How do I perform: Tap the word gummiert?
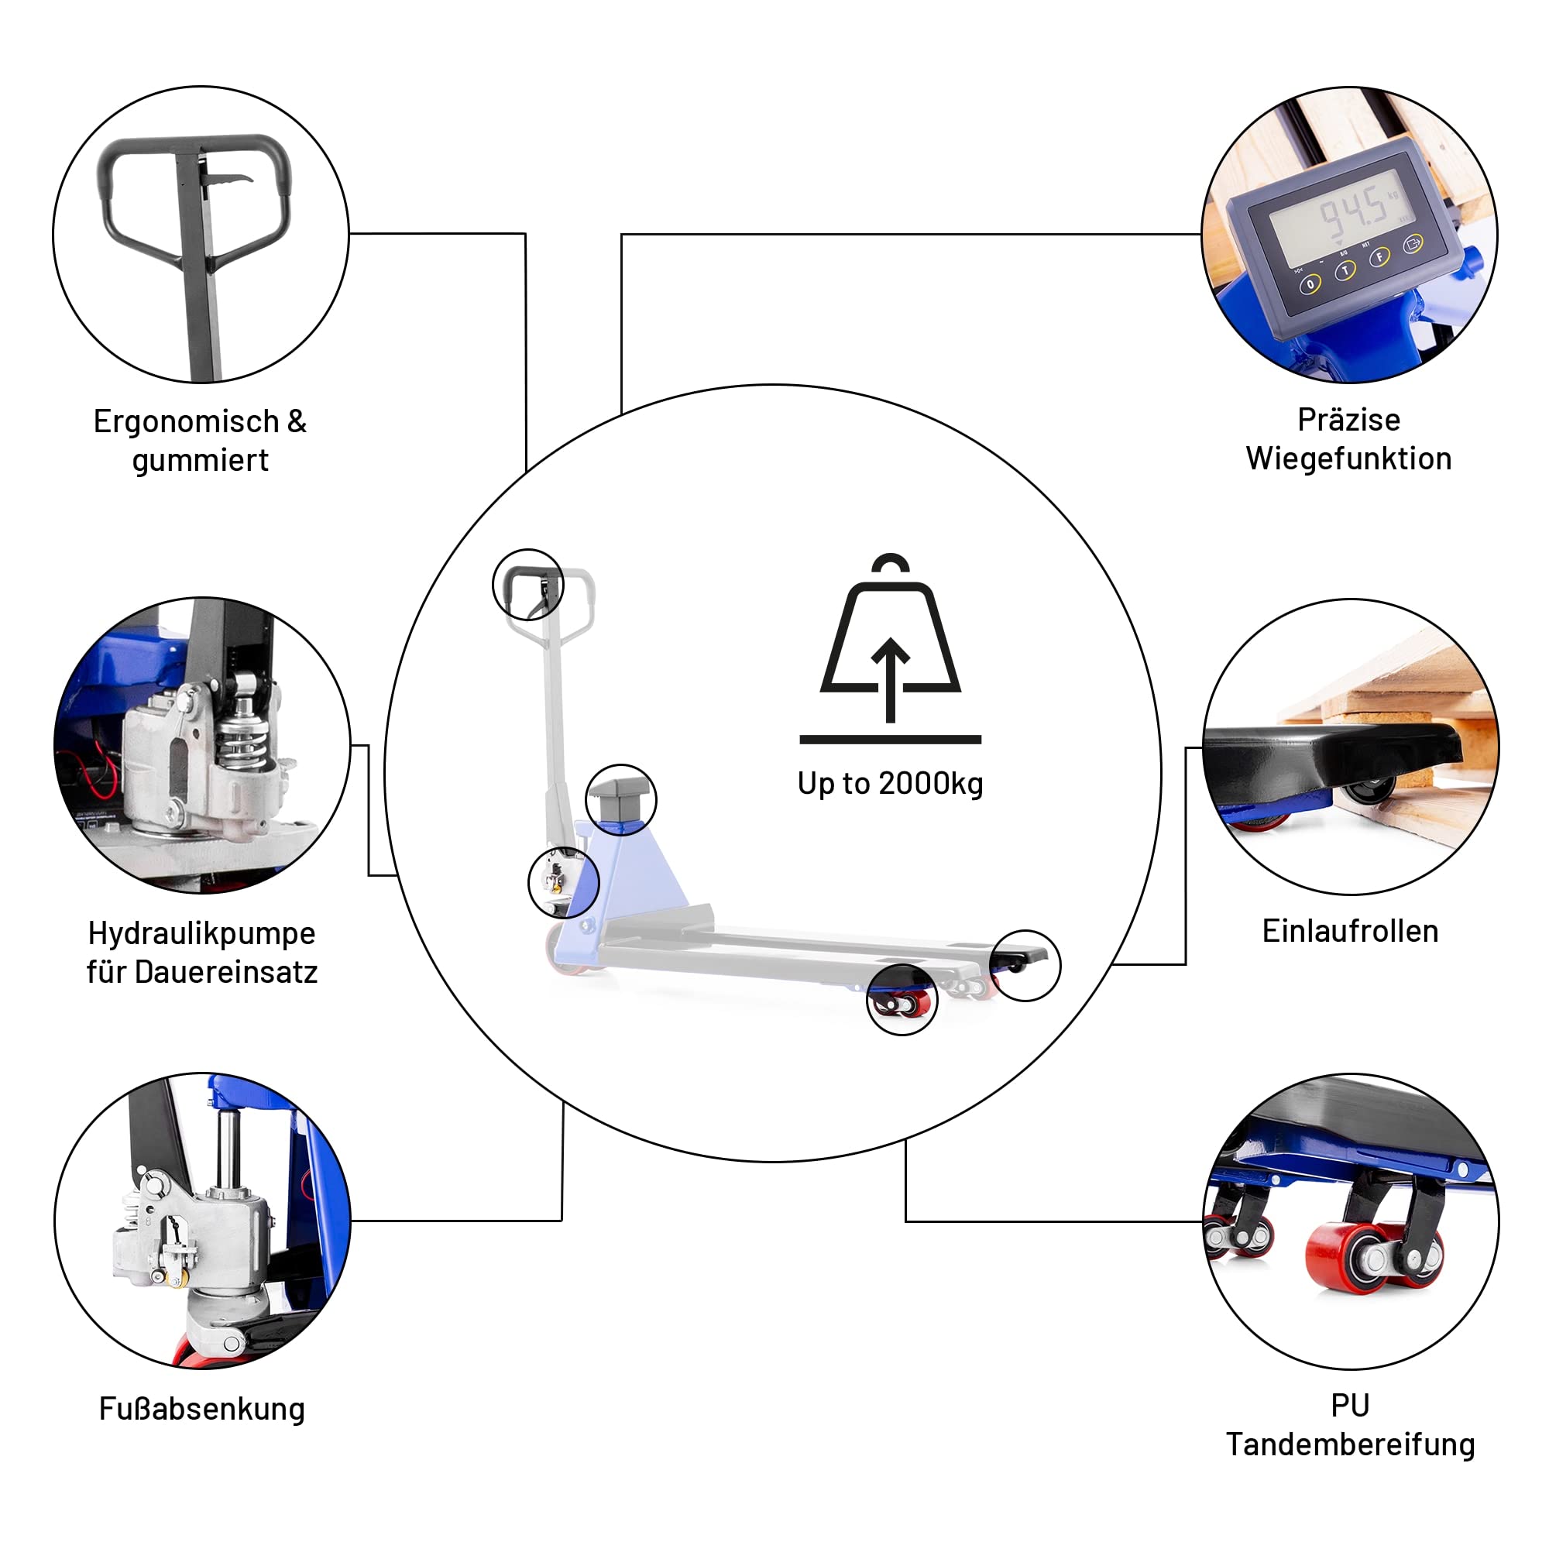(x=201, y=461)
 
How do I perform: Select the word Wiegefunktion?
(x=1348, y=459)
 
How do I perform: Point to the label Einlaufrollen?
(x=1350, y=931)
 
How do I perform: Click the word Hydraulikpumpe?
(x=202, y=934)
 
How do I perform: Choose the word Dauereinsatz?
(x=226, y=972)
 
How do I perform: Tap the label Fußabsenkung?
(x=202, y=1409)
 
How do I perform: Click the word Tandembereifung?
(x=1350, y=1444)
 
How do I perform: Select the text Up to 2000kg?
(x=890, y=784)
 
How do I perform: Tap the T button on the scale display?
(x=1345, y=272)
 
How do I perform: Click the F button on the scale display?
(x=1379, y=257)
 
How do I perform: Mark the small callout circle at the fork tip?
(x=1025, y=965)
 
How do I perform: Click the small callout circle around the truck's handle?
(x=527, y=585)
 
